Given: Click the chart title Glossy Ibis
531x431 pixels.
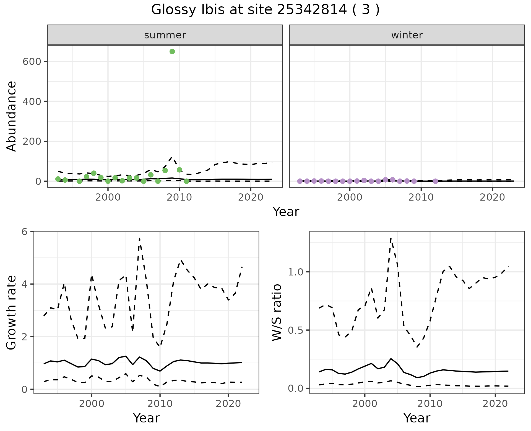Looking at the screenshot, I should tap(265, 10).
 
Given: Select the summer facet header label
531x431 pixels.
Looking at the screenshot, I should tap(165, 35).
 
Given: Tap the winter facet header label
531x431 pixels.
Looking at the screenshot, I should tap(407, 35).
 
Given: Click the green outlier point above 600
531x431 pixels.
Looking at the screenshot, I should tap(172, 52).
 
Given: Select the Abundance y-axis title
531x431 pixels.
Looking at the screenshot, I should tap(12, 116).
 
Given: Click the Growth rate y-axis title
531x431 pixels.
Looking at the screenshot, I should tap(12, 312).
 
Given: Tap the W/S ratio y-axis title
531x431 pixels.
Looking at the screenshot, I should tap(277, 312).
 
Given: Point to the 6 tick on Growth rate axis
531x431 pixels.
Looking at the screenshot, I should tap(25, 232).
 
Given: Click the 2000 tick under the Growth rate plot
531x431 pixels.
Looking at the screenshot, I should tap(92, 404).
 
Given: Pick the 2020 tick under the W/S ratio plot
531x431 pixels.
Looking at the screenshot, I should tap(495, 404).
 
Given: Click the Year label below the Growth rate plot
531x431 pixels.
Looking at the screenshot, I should tap(146, 418).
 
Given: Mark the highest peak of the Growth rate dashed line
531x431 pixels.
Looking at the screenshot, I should tap(140, 238).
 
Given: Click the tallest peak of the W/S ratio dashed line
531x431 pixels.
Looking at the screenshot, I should tap(391, 238).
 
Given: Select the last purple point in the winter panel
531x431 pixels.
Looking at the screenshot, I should tap(435, 181).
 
